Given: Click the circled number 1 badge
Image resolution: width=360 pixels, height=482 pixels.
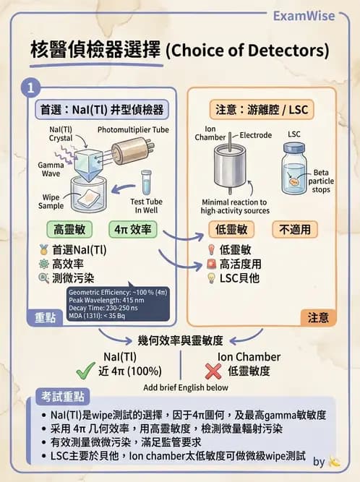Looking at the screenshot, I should [x=30, y=88].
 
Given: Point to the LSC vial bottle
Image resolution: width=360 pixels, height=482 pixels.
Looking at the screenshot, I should [x=296, y=171].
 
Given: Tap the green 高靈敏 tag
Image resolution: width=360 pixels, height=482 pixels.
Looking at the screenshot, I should [x=70, y=230].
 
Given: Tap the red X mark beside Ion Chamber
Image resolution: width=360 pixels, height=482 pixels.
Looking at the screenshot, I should [x=213, y=369].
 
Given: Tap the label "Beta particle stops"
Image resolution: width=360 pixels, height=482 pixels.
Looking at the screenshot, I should [x=320, y=181].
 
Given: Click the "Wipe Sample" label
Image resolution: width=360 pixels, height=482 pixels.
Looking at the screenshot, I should [x=51, y=200].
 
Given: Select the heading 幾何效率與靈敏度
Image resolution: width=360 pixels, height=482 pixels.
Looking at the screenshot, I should [x=180, y=340].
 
